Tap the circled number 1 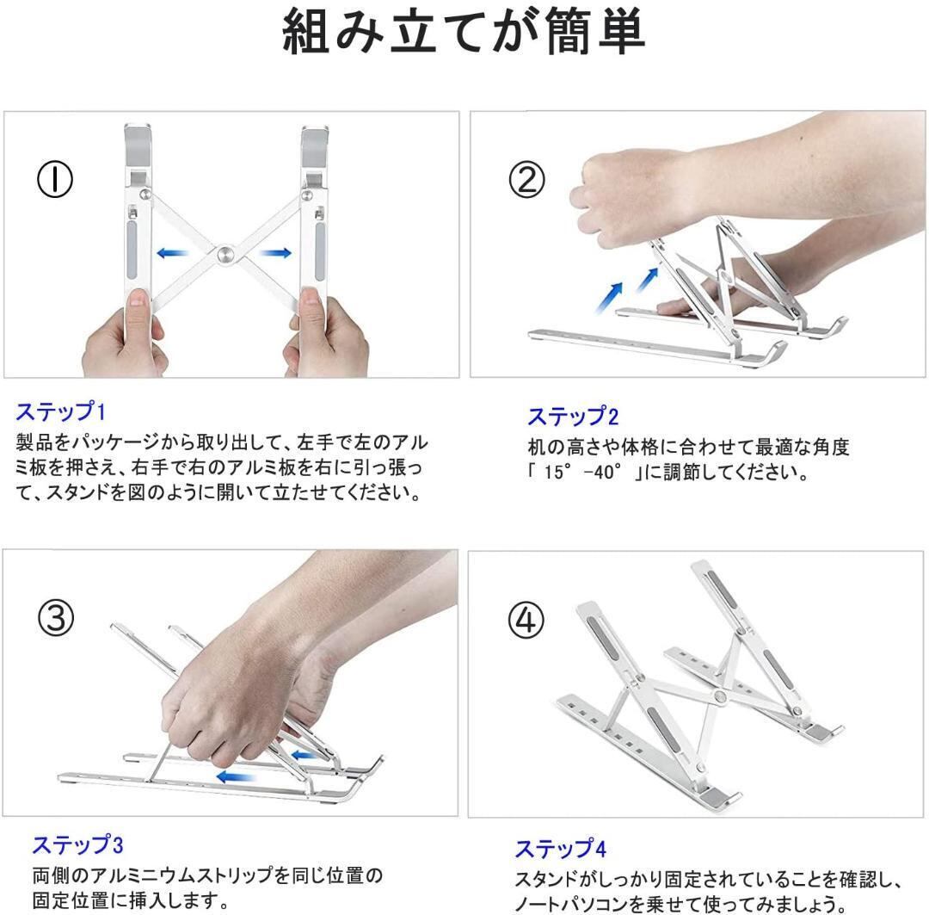(x=55, y=180)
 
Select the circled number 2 (x=526, y=180)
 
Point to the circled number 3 (x=56, y=617)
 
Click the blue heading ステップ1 (x=60, y=411)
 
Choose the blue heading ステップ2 (x=573, y=417)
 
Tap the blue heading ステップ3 (x=77, y=845)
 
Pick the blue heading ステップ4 (x=561, y=850)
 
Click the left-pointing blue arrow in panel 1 (x=172, y=253)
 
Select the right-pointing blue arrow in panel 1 (x=275, y=253)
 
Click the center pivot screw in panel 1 (x=225, y=255)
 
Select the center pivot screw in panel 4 (x=721, y=696)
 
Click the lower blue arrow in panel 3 (x=236, y=776)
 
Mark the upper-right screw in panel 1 (x=307, y=195)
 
